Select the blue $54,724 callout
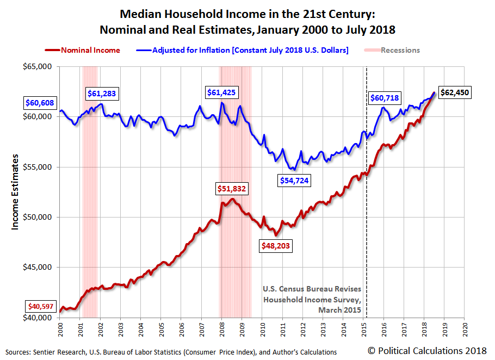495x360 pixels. [293, 180]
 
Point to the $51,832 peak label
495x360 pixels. [232, 189]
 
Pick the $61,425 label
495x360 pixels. [221, 92]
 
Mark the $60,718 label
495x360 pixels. [385, 98]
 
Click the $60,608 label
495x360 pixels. [40, 102]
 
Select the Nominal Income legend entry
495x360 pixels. [83, 50]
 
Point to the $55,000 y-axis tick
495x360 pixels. [38, 167]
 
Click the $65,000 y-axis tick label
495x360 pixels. [38, 66]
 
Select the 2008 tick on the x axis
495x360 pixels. [222, 329]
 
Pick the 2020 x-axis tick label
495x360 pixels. [465, 329]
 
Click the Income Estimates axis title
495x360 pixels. [15, 192]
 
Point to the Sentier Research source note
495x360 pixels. [170, 352]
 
